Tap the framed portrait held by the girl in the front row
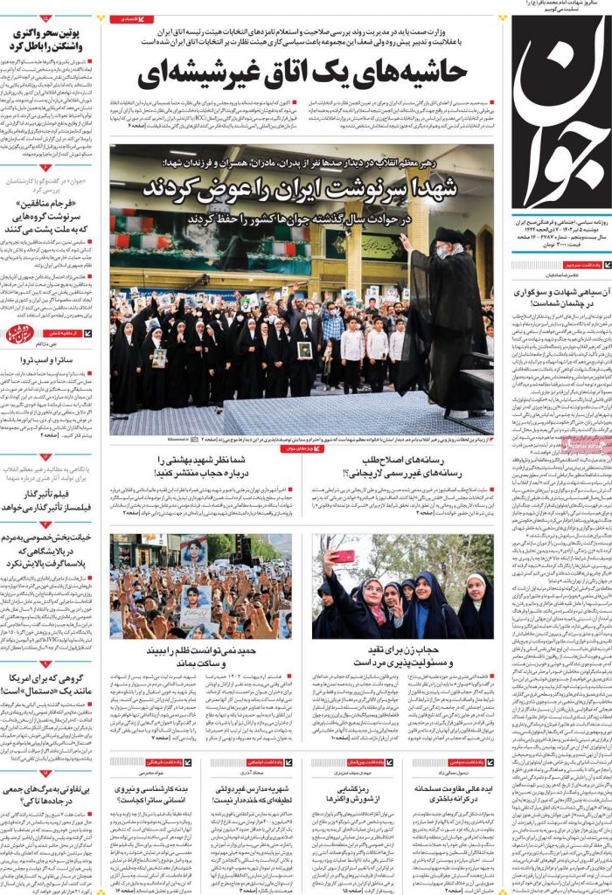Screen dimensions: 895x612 304,350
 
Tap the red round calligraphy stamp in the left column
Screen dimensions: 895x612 19,334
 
